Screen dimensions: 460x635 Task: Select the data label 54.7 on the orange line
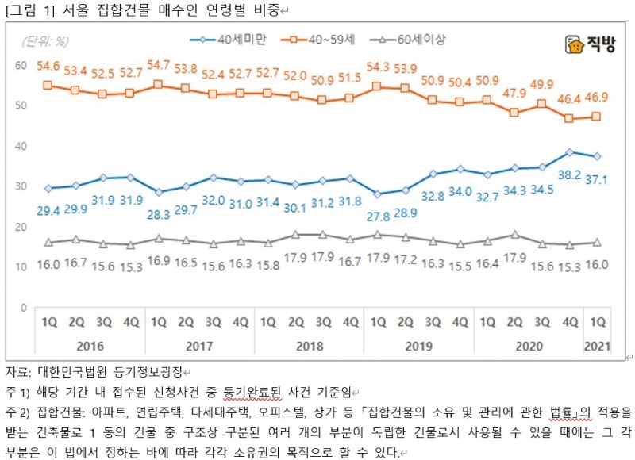click(158, 64)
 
